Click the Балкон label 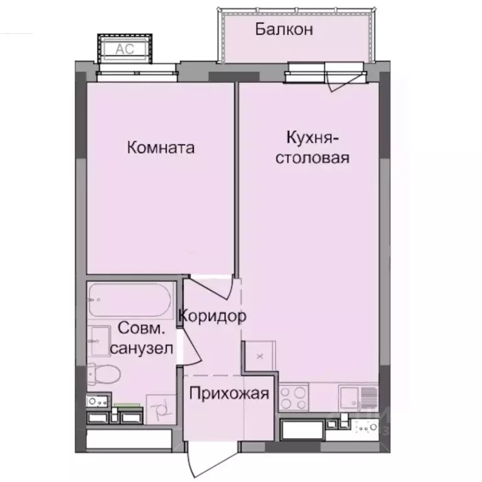pos(284,29)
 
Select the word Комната pos(161,148)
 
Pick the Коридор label pos(212,316)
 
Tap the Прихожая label pos(229,394)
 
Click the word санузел pos(142,348)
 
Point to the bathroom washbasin pos(100,341)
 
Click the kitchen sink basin pos(350,397)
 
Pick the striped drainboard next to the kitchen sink pos(368,397)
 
